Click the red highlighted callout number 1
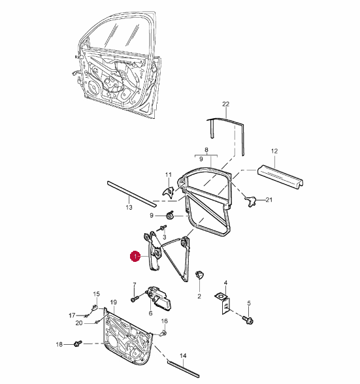point(135,256)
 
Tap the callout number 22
point(225,104)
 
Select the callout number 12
point(274,151)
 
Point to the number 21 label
point(269,200)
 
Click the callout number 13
point(129,208)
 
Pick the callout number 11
point(169,175)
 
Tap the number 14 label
point(183,356)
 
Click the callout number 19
point(114,302)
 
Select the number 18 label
point(59,345)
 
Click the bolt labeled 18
point(78,344)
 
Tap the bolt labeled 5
point(248,319)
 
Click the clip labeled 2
point(199,275)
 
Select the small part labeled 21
point(250,201)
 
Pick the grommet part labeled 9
point(170,215)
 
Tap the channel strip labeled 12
point(281,178)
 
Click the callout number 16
point(165,321)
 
